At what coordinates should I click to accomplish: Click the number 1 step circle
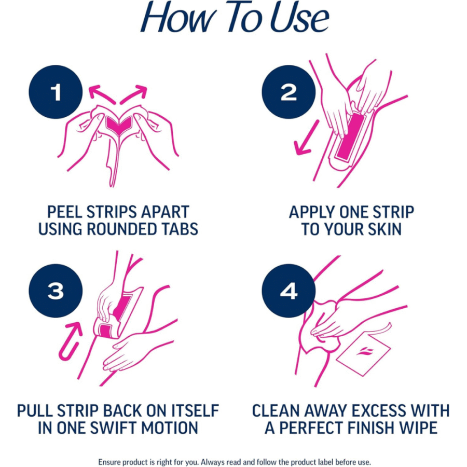point(56,92)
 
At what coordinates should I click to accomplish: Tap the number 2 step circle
point(289,92)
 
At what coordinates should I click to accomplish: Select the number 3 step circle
point(56,291)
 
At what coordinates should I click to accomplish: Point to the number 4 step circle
point(289,291)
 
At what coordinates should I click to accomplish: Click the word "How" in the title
point(178,17)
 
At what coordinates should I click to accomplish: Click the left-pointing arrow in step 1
point(101,94)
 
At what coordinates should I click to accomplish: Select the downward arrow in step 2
point(307,138)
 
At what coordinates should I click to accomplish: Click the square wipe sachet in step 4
point(363,355)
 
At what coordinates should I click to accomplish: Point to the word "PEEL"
point(65,212)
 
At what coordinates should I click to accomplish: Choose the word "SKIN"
point(384,229)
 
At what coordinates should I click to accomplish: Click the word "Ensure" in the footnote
point(109,462)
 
